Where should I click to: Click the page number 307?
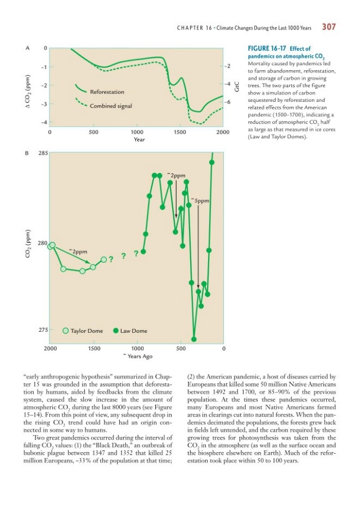[328, 26]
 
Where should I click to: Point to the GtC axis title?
[237, 85]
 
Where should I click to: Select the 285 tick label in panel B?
[43, 152]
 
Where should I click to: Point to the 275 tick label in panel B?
[43, 330]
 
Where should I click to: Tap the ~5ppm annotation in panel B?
[200, 201]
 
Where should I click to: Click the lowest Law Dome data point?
[194, 339]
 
